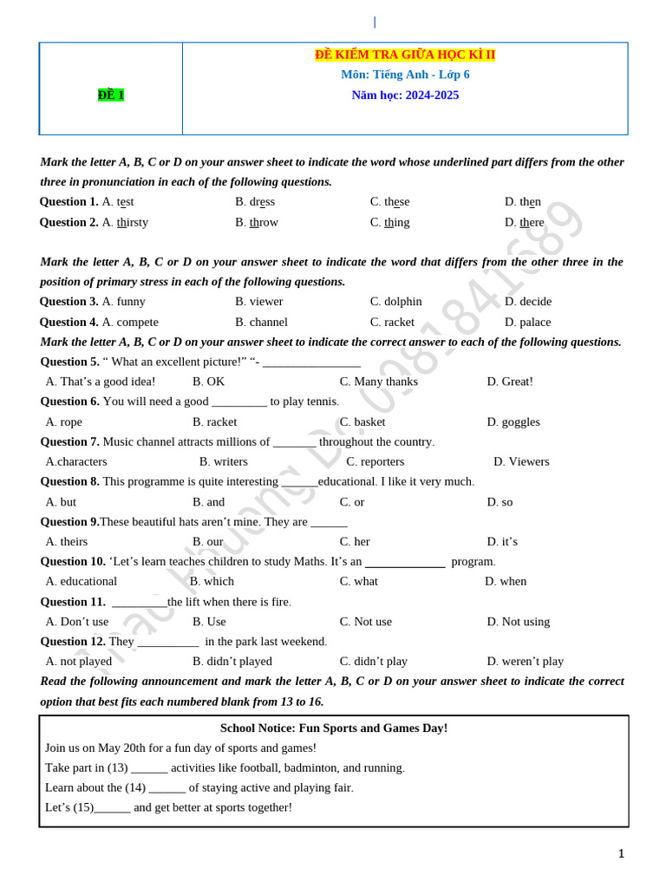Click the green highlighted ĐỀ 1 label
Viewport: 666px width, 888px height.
pyautogui.click(x=111, y=95)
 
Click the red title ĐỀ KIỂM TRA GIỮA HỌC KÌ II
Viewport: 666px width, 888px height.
pyautogui.click(x=405, y=55)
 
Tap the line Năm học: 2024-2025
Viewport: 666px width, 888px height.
pyautogui.click(x=405, y=95)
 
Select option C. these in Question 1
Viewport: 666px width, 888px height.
pyautogui.click(x=389, y=202)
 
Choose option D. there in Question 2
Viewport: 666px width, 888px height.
pyautogui.click(x=524, y=222)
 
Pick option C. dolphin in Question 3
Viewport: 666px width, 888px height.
pyautogui.click(x=395, y=302)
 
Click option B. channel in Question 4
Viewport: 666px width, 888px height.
pyautogui.click(x=261, y=322)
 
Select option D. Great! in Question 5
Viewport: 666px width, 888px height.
pyautogui.click(x=510, y=382)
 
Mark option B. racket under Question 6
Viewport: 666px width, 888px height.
pyautogui.click(x=214, y=421)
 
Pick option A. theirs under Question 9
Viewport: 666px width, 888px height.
pyautogui.click(x=66, y=542)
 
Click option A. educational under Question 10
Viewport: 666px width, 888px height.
pyautogui.click(x=81, y=581)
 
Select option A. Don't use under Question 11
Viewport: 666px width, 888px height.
pyautogui.click(x=77, y=622)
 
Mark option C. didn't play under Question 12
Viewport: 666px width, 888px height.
pyautogui.click(x=373, y=661)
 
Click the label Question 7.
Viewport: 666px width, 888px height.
pyautogui.click(x=69, y=441)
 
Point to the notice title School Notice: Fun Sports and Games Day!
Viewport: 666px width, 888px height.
pyautogui.click(x=334, y=728)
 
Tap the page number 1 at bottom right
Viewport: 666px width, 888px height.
pyautogui.click(x=621, y=854)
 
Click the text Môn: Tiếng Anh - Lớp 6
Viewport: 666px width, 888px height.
pyautogui.click(x=405, y=75)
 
